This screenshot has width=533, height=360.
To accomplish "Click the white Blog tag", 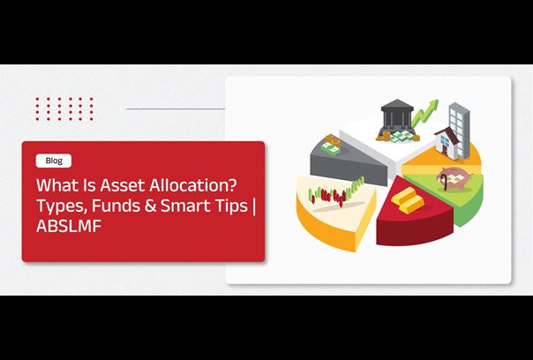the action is click(54, 161).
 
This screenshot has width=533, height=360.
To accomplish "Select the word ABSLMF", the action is click(69, 226).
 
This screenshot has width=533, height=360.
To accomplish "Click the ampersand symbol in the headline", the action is click(149, 206).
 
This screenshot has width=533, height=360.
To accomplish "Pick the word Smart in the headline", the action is click(182, 206).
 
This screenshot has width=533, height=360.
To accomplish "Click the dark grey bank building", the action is click(397, 115).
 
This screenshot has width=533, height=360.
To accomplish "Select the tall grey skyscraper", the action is click(460, 130).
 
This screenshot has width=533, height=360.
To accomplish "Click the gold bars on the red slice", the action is click(408, 200).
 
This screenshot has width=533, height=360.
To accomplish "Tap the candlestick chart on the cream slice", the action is click(336, 192).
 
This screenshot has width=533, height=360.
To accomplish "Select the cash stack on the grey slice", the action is click(330, 145).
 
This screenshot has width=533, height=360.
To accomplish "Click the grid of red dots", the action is click(64, 109).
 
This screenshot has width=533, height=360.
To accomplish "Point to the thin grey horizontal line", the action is click(176, 109).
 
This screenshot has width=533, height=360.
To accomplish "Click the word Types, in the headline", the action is click(62, 206).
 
